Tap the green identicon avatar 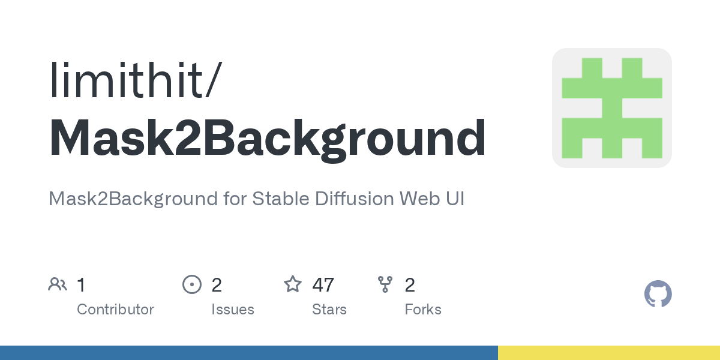coord(611,108)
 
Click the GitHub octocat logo coord(658,294)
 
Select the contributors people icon coord(58,284)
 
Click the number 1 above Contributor coord(81,285)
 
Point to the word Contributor coord(115,310)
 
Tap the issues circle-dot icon coord(192,284)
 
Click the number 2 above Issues coord(217,285)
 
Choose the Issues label coord(232,310)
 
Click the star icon coord(293,284)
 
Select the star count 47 coord(323,285)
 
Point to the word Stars coord(329,310)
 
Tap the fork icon coord(385,284)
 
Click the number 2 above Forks coord(410,285)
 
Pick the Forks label coord(423,310)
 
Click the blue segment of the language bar coord(248,353)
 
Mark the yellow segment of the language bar coord(608,353)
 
